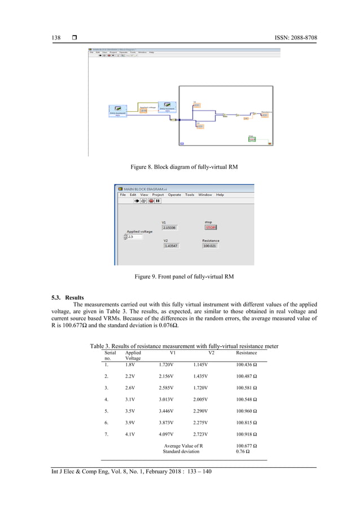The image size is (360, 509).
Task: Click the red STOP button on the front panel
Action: pos(210,228)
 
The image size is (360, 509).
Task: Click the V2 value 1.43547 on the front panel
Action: pos(172,246)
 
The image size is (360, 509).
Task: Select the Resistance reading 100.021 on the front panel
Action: pos(210,246)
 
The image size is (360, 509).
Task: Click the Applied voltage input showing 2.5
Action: pos(135,237)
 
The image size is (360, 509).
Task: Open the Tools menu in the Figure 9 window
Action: pos(190,195)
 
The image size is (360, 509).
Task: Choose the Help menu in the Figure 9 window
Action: pos(220,195)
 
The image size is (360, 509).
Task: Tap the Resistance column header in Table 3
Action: pos(246,353)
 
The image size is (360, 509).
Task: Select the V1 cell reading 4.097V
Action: pos(169,435)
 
